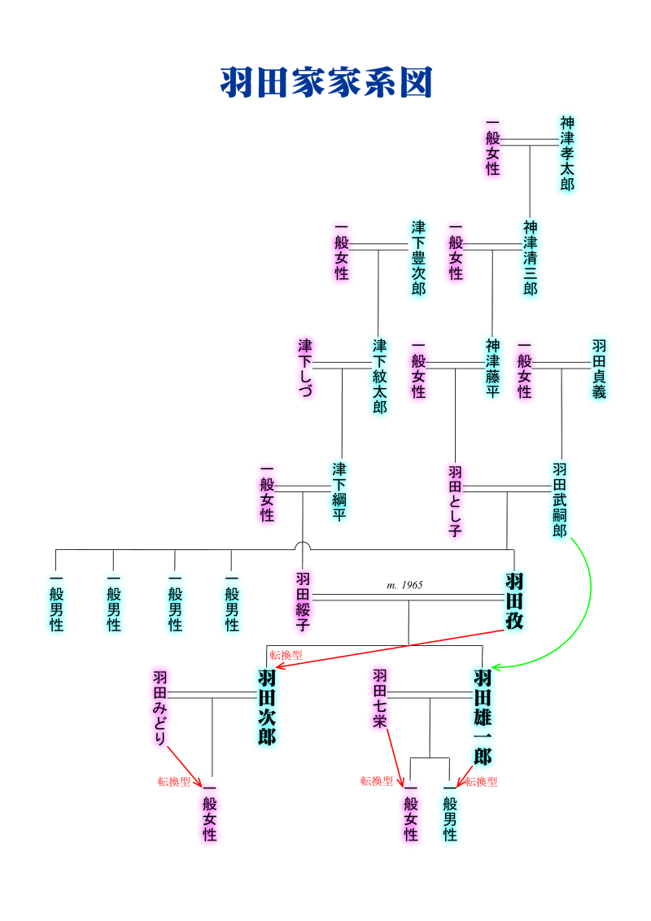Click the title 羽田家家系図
click(x=325, y=83)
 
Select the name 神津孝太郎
click(x=567, y=153)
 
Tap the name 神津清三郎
click(x=531, y=257)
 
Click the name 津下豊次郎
click(x=418, y=257)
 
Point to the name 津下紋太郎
click(x=380, y=376)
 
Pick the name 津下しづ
click(x=305, y=368)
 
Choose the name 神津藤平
click(x=492, y=368)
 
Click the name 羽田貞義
click(x=599, y=368)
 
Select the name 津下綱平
click(x=339, y=491)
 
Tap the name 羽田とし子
click(x=455, y=500)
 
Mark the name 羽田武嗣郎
click(x=560, y=500)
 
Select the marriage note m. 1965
click(x=404, y=585)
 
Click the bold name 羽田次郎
click(x=266, y=707)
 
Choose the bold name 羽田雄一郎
click(x=483, y=717)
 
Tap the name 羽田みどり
click(x=160, y=708)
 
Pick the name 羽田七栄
click(x=380, y=698)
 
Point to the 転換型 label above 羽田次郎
click(x=286, y=655)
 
